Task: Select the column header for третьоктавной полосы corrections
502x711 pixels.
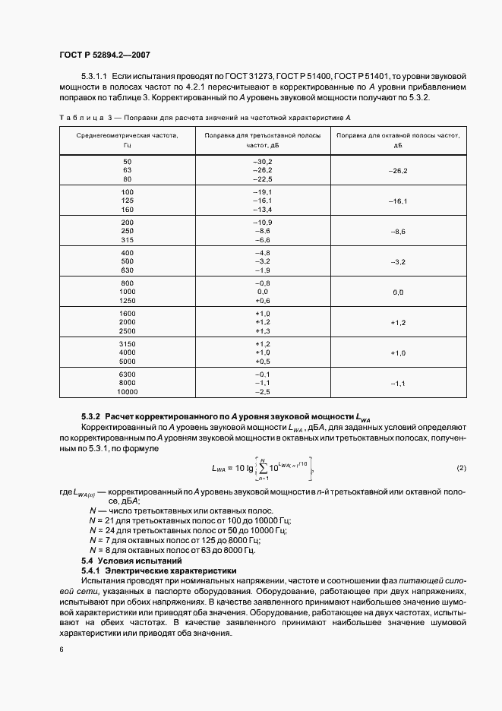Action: coord(262,139)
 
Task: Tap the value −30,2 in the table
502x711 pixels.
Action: coord(262,163)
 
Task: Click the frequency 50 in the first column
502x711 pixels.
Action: coord(127,163)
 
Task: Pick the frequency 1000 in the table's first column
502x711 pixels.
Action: coord(127,292)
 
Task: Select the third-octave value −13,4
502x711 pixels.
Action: coord(262,209)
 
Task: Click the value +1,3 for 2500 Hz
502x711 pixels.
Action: coord(262,330)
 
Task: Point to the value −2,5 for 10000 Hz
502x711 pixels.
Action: coord(262,391)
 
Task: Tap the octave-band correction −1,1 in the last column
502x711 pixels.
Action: coord(399,384)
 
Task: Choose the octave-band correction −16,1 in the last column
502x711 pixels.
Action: coord(399,201)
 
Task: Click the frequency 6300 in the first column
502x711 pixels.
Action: coord(127,375)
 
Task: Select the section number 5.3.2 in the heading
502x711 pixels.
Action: coord(90,417)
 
